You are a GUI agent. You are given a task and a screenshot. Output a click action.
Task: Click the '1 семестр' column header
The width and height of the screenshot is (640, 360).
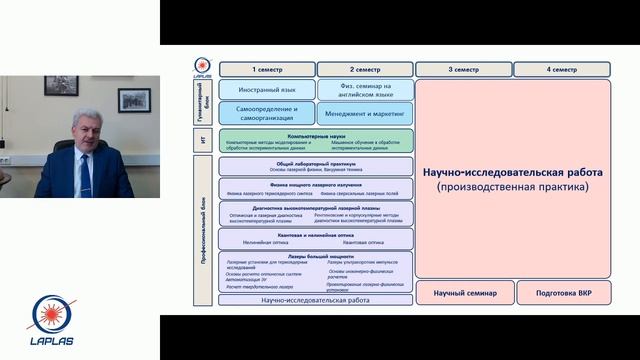tap(267, 69)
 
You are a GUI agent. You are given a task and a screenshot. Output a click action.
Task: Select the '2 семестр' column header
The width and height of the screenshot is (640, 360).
tap(365, 69)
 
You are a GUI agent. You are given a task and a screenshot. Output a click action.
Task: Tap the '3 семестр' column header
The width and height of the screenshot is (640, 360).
tap(463, 69)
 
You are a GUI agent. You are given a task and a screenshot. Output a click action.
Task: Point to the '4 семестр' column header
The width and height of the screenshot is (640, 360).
tap(561, 69)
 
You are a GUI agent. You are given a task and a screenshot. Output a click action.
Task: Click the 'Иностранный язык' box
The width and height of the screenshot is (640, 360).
tap(267, 90)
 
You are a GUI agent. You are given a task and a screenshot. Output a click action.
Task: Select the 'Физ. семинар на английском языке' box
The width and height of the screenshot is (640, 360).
tap(365, 90)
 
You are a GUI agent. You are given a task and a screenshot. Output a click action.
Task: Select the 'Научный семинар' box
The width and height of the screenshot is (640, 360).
tap(463, 293)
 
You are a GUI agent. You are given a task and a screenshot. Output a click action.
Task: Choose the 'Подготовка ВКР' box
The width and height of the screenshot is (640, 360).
tap(561, 293)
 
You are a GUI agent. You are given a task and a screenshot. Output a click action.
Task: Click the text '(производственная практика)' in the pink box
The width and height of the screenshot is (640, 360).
tap(512, 187)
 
